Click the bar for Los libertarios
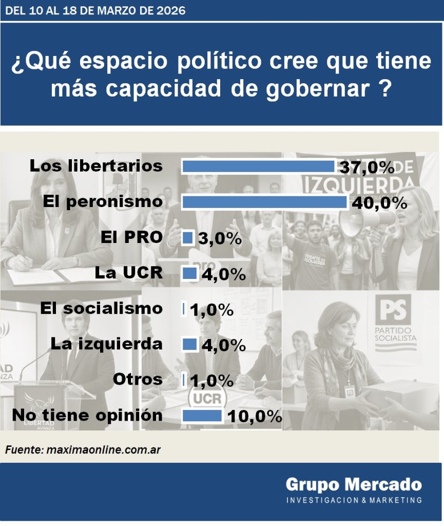click(258, 166)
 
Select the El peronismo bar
click(264, 202)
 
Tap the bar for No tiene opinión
click(202, 415)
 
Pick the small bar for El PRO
click(188, 238)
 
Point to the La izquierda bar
click(190, 344)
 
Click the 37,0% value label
click(366, 167)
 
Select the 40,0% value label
click(379, 203)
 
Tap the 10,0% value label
click(254, 416)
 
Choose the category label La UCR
click(129, 273)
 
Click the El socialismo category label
click(102, 308)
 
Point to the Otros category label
click(138, 380)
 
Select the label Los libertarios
click(96, 166)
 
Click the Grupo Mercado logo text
click(354, 484)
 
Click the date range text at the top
click(94, 10)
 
